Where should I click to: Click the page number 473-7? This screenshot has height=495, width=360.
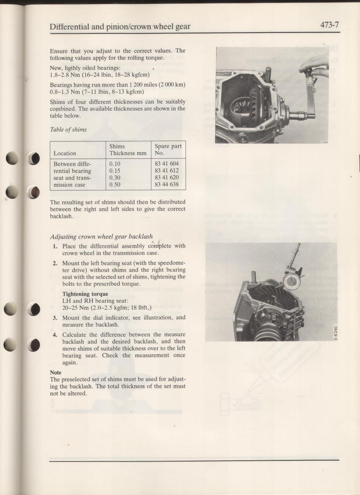329,25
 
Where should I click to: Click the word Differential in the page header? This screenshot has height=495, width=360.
69,27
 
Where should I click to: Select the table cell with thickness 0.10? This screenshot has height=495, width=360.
115,164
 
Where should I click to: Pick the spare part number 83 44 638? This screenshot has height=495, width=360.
167,184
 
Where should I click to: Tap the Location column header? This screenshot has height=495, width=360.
65,153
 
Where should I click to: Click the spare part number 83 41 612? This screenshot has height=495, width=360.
167,171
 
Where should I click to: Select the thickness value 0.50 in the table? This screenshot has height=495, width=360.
115,184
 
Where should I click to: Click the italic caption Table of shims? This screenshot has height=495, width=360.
68,130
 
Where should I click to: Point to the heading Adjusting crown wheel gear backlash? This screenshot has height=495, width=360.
101,237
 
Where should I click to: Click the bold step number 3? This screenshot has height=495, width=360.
55,318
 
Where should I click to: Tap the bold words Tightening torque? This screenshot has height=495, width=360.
85,294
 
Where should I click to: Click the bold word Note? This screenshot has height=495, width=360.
55,372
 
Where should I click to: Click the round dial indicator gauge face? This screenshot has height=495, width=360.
292,282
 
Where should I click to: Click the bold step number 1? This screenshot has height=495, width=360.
55,246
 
